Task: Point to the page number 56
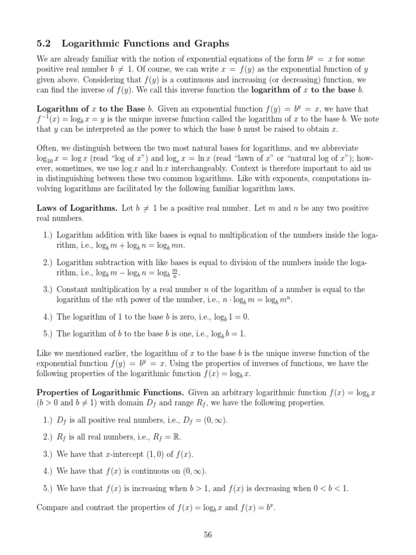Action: tap(208, 535)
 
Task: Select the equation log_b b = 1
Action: tap(229, 334)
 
